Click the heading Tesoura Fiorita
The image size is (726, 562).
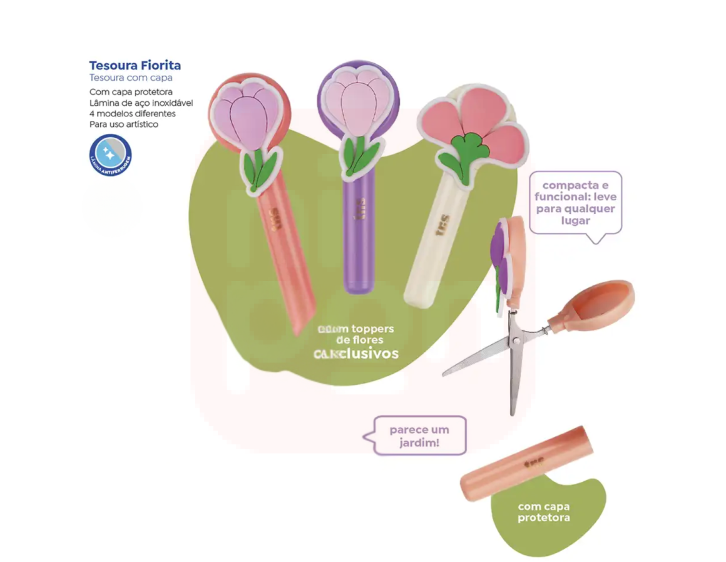[135, 65]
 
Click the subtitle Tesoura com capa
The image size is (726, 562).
[130, 78]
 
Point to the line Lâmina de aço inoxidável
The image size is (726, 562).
[141, 103]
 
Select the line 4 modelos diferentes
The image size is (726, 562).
[132, 113]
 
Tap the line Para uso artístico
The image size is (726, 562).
[123, 124]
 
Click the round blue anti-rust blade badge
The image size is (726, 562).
[110, 155]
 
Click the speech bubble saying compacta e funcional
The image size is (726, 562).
[575, 203]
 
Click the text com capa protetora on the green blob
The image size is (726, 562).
[543, 512]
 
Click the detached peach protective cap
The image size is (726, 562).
[523, 463]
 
